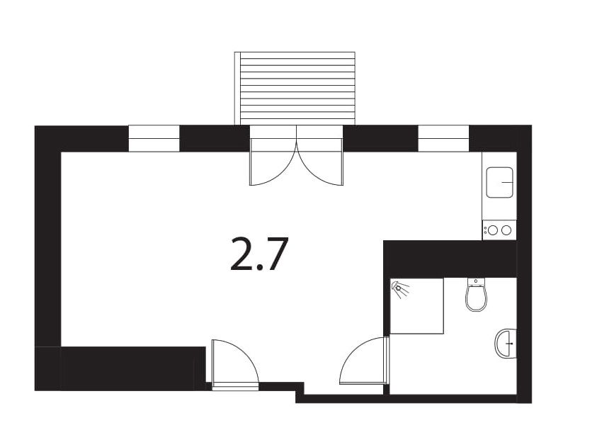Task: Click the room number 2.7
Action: click(258, 254)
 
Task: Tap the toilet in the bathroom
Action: click(477, 295)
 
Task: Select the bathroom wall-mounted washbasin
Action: click(506, 343)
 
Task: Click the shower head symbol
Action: click(400, 288)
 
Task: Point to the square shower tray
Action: click(417, 306)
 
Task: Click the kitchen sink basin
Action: click(499, 183)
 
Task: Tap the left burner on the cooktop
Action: click(493, 230)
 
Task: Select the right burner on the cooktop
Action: click(506, 230)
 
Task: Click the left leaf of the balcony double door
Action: click(273, 162)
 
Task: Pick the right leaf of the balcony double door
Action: click(320, 162)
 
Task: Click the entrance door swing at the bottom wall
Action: click(234, 363)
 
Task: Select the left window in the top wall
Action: click(154, 139)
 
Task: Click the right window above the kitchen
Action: click(443, 139)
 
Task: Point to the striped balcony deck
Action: click(295, 89)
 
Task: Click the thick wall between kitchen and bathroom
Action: click(450, 259)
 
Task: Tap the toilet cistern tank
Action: click(477, 281)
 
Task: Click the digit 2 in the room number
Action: click(241, 254)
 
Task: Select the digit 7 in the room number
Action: click(275, 254)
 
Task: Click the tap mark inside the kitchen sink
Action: click(507, 183)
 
